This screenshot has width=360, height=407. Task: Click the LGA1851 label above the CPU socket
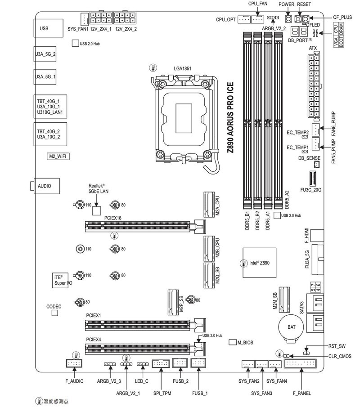tap(183, 69)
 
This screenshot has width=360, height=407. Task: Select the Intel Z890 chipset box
tap(256, 261)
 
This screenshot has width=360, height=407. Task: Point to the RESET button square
tap(298, 19)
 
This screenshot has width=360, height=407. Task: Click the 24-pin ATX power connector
tap(313, 85)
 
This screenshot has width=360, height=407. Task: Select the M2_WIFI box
tap(58, 157)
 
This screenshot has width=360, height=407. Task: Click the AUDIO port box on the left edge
tap(46, 186)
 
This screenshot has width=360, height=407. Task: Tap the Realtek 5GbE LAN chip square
tap(97, 209)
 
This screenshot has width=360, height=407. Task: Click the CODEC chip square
tap(55, 313)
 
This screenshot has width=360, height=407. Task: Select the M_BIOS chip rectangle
tap(232, 343)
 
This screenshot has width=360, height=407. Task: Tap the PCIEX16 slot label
tap(113, 218)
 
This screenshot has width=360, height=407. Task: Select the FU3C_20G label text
tap(314, 190)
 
